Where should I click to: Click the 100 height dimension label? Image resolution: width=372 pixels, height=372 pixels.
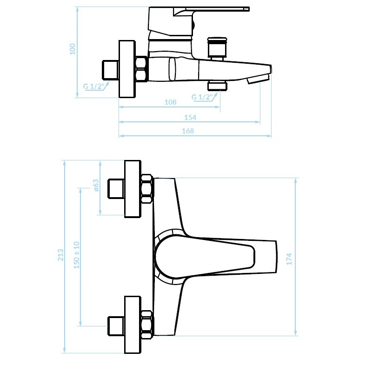[x=73, y=49]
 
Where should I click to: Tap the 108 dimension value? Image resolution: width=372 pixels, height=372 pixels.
[x=170, y=102]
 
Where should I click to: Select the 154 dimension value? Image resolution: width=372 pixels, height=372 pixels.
[x=190, y=118]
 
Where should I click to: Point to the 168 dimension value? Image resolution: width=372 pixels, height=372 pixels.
[x=188, y=131]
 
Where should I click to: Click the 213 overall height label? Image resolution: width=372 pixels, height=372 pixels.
[x=61, y=255]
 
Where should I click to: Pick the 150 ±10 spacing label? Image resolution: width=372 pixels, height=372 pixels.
[x=77, y=255]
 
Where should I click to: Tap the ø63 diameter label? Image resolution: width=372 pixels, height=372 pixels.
[x=96, y=185]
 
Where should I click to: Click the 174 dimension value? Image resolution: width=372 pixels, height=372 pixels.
[x=289, y=259]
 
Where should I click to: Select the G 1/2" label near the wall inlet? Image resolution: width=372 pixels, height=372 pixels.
[x=94, y=86]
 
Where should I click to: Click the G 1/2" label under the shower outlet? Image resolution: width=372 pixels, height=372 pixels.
[x=202, y=97]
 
